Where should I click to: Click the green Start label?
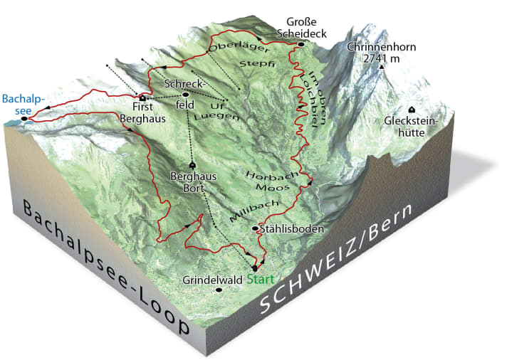(260, 279)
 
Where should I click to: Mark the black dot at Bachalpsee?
(23, 119)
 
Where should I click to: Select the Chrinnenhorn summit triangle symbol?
(382, 68)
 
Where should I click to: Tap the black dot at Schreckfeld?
(186, 94)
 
